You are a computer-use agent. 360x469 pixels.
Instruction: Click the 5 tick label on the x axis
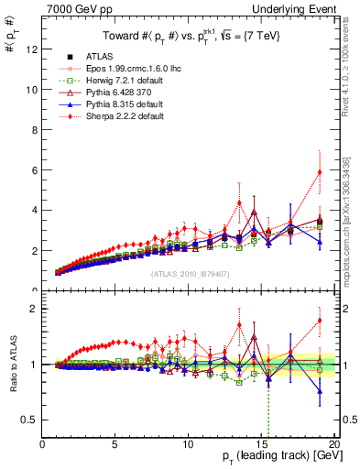[x=115, y=445]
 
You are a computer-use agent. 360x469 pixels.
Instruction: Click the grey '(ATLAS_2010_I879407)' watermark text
[x=189, y=273]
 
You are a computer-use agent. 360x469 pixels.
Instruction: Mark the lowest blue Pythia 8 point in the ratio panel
[x=319, y=391]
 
